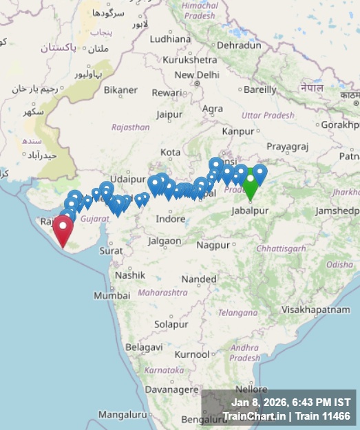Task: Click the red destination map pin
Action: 63,229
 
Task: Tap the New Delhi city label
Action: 197,75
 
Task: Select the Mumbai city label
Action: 112,294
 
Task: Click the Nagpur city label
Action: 213,245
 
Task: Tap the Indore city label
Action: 171,219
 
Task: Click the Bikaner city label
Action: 120,90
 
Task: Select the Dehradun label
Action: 240,45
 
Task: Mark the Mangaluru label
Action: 123,415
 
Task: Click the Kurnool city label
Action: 192,354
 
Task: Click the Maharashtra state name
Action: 162,292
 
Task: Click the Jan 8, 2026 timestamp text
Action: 291,402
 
